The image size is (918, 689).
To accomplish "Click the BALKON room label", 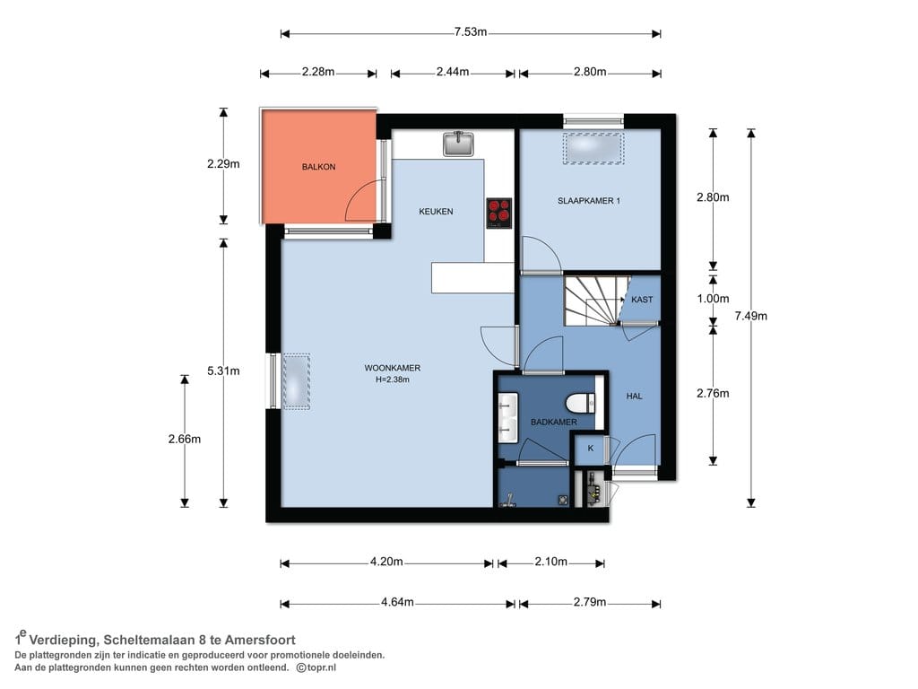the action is [x=318, y=167].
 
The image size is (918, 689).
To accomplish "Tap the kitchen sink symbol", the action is [x=458, y=144].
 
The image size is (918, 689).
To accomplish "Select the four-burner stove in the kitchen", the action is [x=498, y=214].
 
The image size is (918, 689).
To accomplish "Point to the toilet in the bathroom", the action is [x=580, y=403].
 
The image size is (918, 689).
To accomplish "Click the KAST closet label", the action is [x=642, y=300].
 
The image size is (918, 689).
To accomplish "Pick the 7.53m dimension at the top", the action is [x=471, y=32].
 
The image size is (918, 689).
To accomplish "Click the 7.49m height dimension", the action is [x=751, y=317].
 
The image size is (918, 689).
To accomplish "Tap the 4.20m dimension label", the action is [x=386, y=562].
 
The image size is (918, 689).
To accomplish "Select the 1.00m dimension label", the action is [x=713, y=299].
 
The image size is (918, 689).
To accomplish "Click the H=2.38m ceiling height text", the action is [x=393, y=379].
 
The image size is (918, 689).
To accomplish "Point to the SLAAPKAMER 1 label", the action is [x=589, y=201].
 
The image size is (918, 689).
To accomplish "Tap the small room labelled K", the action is [x=591, y=449].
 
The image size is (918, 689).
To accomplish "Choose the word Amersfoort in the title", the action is [x=260, y=641].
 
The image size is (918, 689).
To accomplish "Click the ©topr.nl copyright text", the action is [x=316, y=667].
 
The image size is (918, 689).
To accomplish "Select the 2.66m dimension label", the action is [x=185, y=440].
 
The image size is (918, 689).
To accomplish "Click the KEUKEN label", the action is [x=437, y=212].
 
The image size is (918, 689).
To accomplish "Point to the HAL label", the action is [x=634, y=397].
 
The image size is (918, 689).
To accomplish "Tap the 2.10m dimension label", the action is [x=551, y=562].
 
